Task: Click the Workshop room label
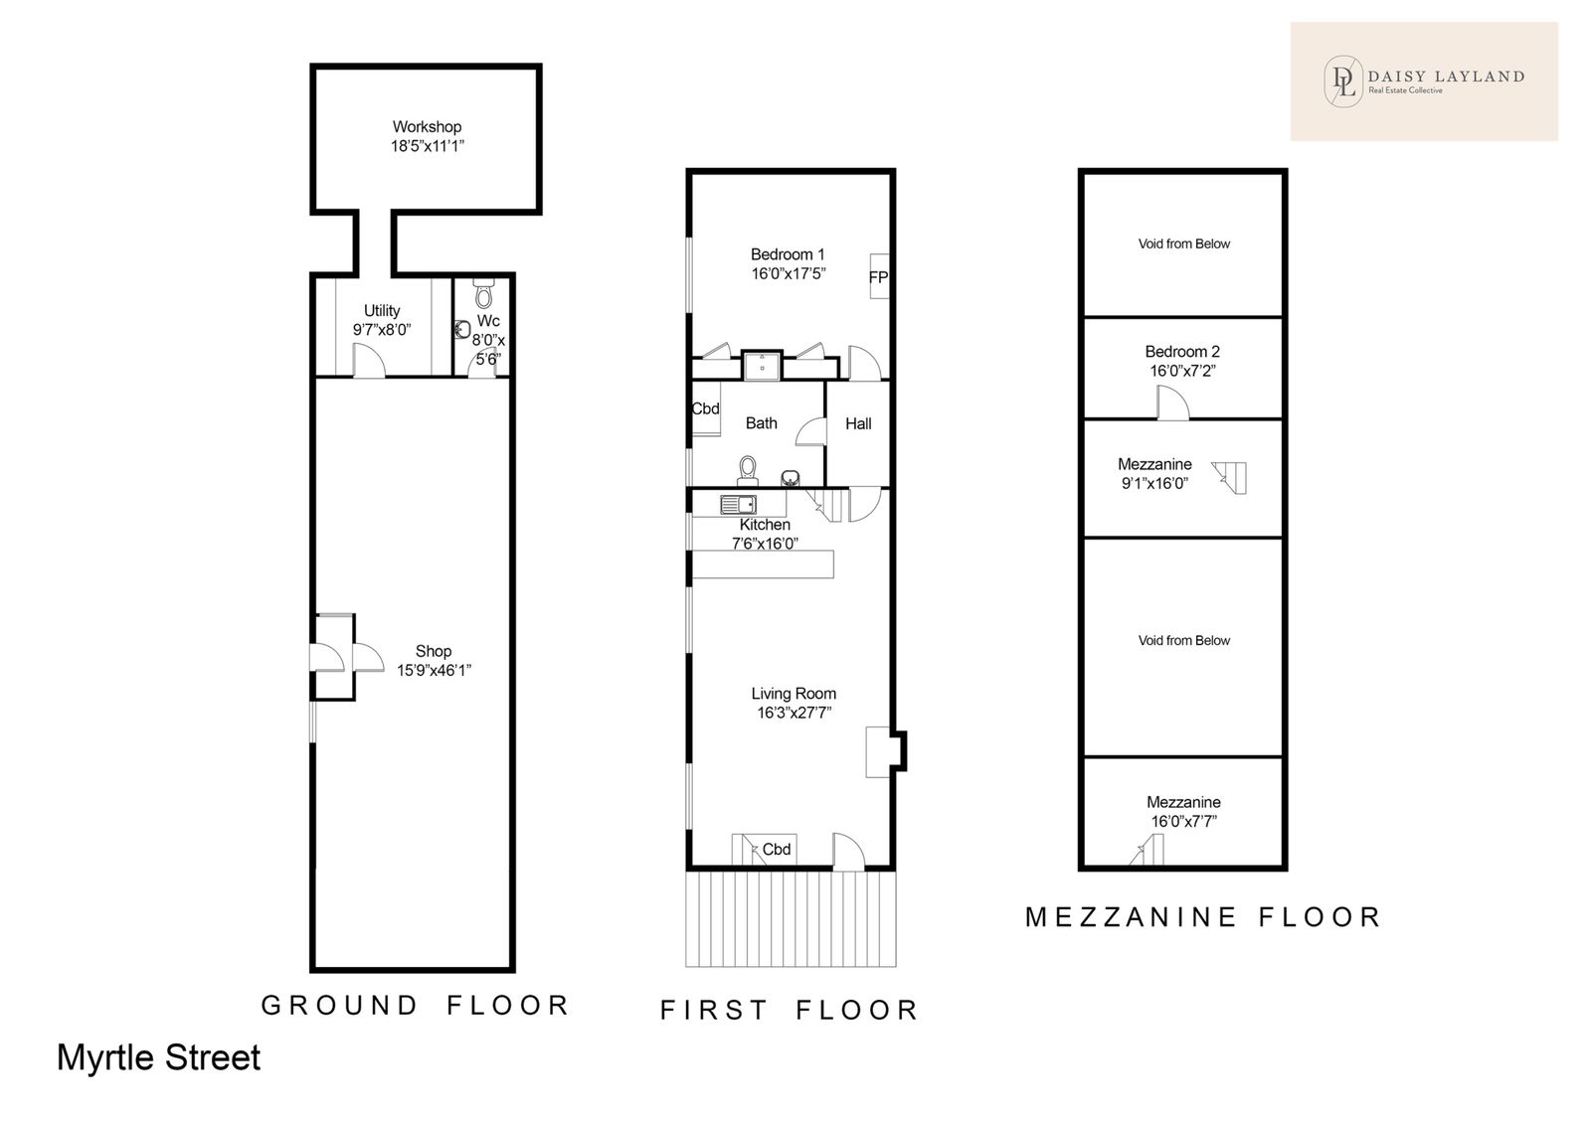click(427, 127)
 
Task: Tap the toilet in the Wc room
click(483, 292)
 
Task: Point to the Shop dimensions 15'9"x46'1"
click(434, 670)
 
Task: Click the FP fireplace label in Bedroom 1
click(879, 277)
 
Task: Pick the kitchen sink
click(738, 504)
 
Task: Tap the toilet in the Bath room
click(747, 470)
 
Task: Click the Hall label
click(858, 424)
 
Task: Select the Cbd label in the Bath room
click(705, 408)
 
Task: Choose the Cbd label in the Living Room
click(777, 850)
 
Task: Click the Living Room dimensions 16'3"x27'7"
click(795, 713)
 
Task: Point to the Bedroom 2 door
click(1172, 402)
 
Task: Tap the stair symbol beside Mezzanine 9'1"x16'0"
click(1229, 477)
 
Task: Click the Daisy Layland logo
click(1424, 80)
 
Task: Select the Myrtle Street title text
click(158, 1057)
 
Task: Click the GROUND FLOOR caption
click(416, 1006)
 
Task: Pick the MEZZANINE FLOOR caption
click(1202, 916)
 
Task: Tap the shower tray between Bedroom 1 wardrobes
click(762, 365)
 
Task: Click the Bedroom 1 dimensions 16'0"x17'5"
click(789, 273)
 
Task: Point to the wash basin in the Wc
click(462, 330)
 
